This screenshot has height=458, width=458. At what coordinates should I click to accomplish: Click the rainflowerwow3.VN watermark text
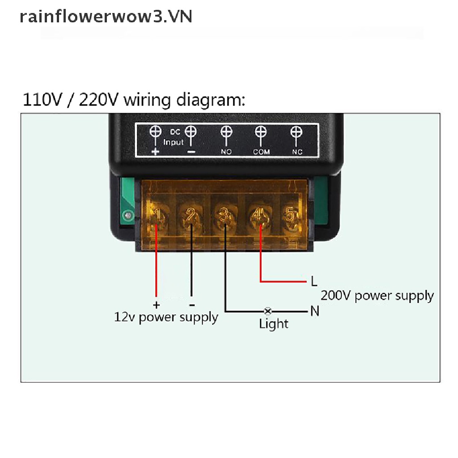106,17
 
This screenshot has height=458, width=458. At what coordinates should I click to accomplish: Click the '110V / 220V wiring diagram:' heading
134,100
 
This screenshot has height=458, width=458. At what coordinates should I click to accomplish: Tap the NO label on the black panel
226,152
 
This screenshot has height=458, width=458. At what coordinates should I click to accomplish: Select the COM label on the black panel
261,152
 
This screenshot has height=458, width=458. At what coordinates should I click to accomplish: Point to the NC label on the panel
297,152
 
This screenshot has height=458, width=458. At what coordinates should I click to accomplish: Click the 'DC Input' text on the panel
174,137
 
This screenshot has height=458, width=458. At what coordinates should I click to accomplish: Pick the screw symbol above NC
296,133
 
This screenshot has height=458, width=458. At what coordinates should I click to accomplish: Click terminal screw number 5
291,217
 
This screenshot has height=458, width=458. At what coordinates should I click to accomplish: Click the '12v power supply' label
166,318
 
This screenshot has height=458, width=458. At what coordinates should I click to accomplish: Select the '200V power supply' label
377,296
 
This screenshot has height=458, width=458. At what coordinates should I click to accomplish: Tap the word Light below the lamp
274,324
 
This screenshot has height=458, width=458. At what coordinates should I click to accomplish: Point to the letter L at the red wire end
314,281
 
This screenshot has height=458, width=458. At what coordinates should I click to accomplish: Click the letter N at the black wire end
315,311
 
